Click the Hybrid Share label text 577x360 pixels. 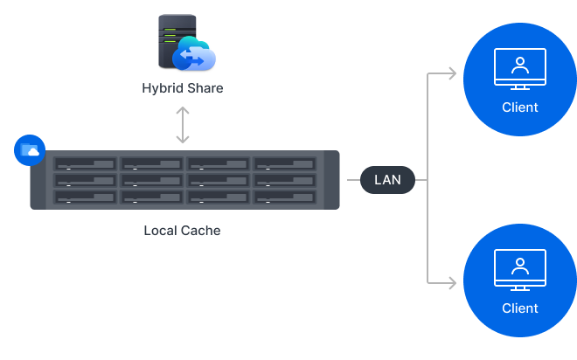[182, 88]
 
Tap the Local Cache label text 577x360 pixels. [182, 232]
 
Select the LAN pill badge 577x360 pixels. [387, 180]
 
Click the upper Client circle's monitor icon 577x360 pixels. [519, 69]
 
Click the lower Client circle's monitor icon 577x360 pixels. [519, 270]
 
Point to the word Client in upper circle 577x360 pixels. [519, 107]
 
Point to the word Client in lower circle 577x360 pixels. [519, 308]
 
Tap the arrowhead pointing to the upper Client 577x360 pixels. [451, 73]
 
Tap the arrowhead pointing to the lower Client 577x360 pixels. [451, 282]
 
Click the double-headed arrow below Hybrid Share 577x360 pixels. [182, 125]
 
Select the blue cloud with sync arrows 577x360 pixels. [194, 54]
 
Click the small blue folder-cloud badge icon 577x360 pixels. [30, 150]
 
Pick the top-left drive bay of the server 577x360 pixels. [85, 164]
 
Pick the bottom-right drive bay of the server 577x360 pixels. [285, 197]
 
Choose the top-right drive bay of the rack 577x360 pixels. [285, 164]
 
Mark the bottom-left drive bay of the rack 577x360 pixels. [85, 197]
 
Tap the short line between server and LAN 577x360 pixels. [350, 180]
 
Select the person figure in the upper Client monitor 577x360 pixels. [519, 65]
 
